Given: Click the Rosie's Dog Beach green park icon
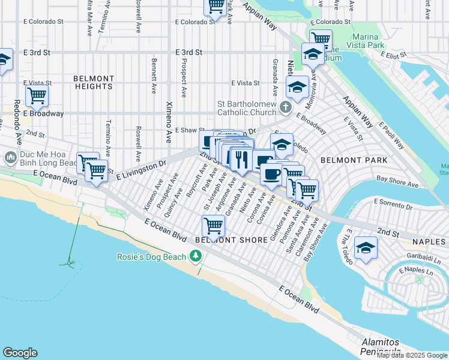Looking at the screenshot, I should pos(195,257).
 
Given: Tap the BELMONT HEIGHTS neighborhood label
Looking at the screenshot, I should pos(94,83).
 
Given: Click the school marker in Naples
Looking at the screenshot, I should pos(366,248).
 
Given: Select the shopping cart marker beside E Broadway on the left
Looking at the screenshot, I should pos(37,95).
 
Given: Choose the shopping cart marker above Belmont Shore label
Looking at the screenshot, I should pos(213,227).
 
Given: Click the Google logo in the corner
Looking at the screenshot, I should pos(20,353).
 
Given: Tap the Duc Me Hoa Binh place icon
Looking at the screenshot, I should pos(10,158).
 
